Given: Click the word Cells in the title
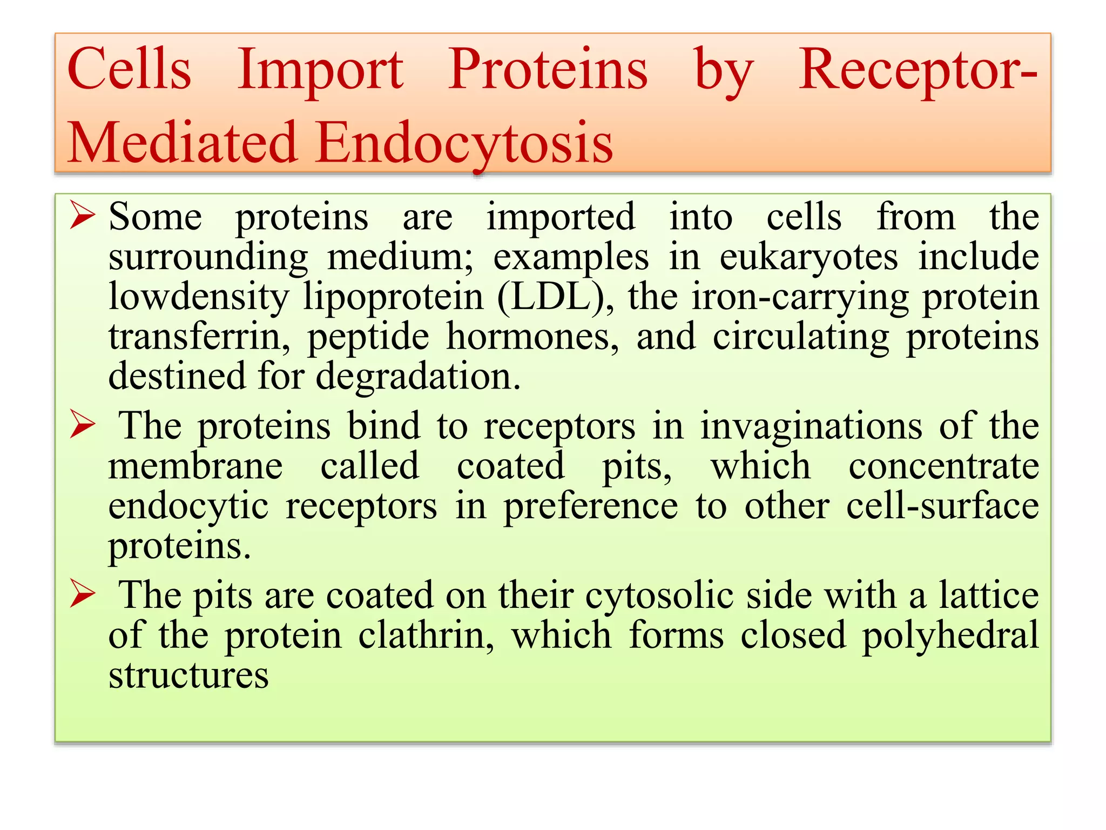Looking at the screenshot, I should tap(130, 70).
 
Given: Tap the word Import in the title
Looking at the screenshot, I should tap(320, 70).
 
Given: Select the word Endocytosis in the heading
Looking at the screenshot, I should tap(464, 143).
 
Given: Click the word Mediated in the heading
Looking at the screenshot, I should tap(183, 143).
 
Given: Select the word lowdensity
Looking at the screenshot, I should tap(199, 297).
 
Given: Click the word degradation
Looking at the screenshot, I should tap(418, 376).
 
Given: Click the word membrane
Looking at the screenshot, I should tap(195, 466).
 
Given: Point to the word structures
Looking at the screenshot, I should tap(188, 675).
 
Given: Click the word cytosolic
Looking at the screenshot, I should tap(659, 595).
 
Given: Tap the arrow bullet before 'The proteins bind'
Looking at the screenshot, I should tap(83, 426).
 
